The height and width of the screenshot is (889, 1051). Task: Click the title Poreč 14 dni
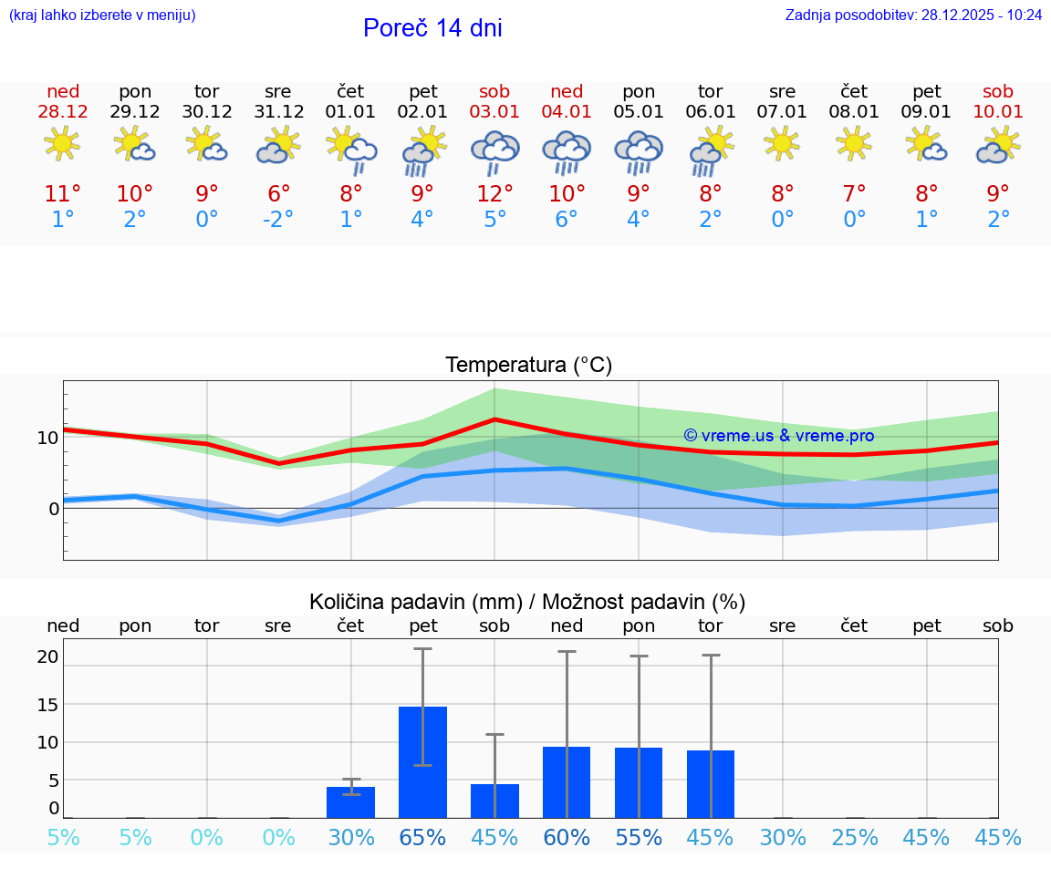pos(432,28)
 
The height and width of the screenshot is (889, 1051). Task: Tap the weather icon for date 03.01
pos(494,150)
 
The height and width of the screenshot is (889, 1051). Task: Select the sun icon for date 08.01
pos(854,143)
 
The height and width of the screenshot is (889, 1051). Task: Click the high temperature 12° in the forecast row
pos(494,194)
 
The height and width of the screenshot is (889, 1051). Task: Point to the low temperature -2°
pos(278,220)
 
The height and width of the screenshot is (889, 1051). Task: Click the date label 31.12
pos(278,112)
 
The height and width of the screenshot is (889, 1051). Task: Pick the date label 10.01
pos(998,112)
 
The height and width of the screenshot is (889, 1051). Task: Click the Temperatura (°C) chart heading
pos(528,366)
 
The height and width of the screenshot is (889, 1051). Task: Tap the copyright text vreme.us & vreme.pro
pos(779,436)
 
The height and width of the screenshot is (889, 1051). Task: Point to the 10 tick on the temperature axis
pos(47,438)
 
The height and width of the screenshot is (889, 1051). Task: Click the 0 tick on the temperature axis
pos(53,508)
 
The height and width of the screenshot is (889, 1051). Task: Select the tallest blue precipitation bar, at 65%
pos(422,762)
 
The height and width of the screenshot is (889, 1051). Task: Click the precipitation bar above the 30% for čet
pos(351,802)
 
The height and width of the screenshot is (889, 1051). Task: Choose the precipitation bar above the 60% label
pos(567,782)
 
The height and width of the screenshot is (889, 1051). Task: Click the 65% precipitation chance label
pos(422,837)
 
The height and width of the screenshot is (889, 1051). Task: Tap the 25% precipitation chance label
pos(854,837)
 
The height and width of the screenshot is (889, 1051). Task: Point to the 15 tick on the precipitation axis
pos(47,704)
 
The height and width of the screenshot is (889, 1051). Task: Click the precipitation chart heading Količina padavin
pos(527,602)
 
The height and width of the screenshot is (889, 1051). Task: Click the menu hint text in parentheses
pos(102,15)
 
